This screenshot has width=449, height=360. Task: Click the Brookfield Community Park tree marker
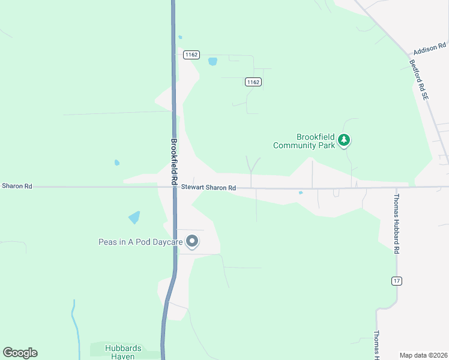pyautogui.click(x=343, y=140)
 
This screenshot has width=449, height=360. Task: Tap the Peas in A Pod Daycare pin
pyautogui.click(x=192, y=241)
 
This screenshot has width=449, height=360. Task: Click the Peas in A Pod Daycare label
pyautogui.click(x=140, y=242)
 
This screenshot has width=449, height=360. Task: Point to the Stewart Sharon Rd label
pyautogui.click(x=208, y=188)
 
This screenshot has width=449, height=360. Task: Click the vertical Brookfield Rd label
pyautogui.click(x=174, y=161)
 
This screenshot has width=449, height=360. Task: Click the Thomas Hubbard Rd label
pyautogui.click(x=396, y=223)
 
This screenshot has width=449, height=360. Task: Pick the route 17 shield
pyautogui.click(x=396, y=281)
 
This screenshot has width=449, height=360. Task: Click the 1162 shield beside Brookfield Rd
pyautogui.click(x=191, y=55)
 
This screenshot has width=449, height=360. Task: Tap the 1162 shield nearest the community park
pyautogui.click(x=253, y=82)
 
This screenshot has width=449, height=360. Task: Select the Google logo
pyautogui.click(x=20, y=353)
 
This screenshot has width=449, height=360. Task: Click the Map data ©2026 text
pyautogui.click(x=423, y=355)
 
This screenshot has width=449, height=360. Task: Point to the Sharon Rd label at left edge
pyautogui.click(x=17, y=186)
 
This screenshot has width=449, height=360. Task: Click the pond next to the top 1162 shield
pyautogui.click(x=212, y=61)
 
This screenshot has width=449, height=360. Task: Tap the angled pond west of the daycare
pyautogui.click(x=134, y=217)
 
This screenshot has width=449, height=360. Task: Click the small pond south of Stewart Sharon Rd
pyautogui.click(x=300, y=193)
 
